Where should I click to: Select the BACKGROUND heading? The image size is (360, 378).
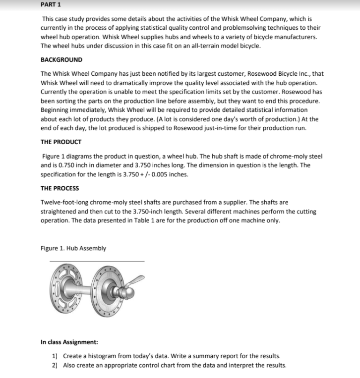[x=61, y=60]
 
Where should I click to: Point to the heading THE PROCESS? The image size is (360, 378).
[x=60, y=188]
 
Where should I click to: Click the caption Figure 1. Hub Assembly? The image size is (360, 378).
[x=73, y=248]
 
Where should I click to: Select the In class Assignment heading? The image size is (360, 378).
[x=69, y=342]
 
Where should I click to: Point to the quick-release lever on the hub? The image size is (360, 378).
[x=137, y=281]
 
